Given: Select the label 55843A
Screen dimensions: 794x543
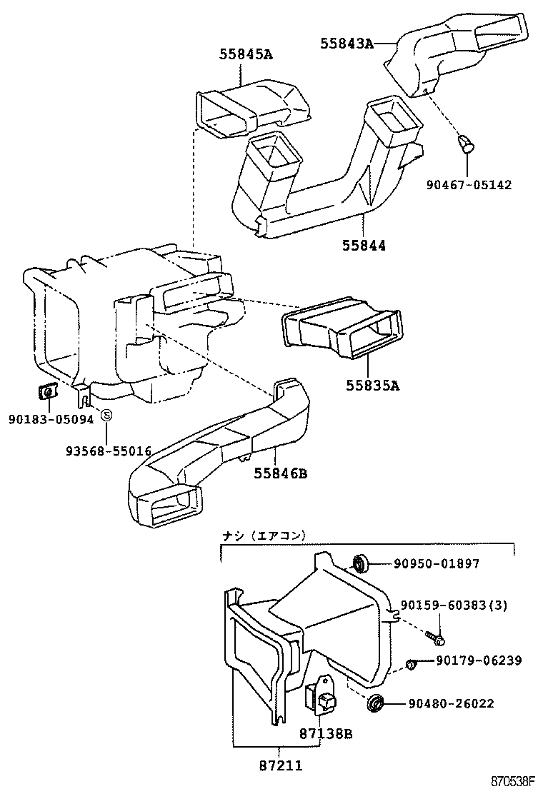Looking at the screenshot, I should [347, 44].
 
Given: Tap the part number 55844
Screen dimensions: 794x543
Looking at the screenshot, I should [364, 245].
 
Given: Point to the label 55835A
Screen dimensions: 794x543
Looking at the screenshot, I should [372, 386].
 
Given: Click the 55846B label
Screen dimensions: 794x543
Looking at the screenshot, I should [280, 473].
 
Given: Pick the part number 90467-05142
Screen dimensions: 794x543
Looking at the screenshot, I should [469, 185].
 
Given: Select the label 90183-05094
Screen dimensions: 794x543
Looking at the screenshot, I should [51, 420].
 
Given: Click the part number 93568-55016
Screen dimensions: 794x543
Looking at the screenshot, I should [109, 451].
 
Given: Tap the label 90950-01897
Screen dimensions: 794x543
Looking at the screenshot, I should [437, 564].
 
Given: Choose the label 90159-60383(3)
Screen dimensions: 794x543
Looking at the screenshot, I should [454, 605].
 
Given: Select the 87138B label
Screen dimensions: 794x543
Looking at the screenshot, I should [326, 733].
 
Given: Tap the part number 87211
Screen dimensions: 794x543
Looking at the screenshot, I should [280, 765].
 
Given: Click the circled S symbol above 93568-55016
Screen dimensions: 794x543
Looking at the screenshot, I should [106, 415].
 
